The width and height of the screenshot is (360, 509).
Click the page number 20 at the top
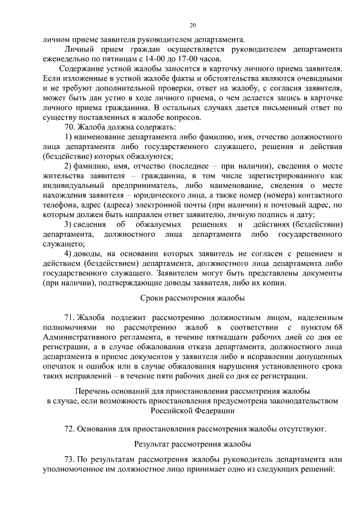(192, 25)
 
